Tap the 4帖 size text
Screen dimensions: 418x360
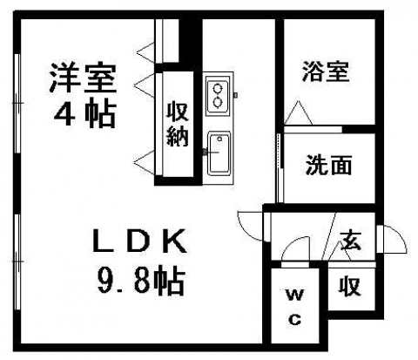coord(84,113)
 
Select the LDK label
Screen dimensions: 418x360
coord(139,241)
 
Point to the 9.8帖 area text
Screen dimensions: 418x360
coord(141,281)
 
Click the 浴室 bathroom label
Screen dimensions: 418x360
coord(326,71)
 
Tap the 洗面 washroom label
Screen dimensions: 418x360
coord(328,165)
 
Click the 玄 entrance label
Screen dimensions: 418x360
coord(351,241)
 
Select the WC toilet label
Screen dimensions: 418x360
coord(295,308)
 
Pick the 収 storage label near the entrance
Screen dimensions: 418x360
coord(349,286)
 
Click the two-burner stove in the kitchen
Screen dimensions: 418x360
coord(218,95)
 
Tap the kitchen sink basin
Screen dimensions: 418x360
coord(219,154)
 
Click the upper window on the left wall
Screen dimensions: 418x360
coord(17,104)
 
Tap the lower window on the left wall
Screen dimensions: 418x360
coord(17,262)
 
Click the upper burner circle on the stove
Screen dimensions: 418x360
coord(217,88)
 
